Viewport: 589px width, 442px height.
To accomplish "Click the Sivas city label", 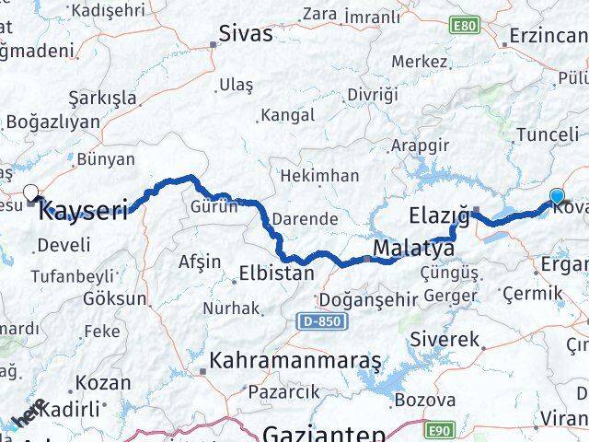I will click(x=246, y=34).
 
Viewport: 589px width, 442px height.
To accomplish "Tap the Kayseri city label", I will click(x=83, y=211).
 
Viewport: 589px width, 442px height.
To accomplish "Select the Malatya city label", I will click(x=413, y=249).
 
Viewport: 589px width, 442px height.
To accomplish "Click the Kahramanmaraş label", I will click(x=294, y=361).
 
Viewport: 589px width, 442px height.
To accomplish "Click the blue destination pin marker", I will click(x=557, y=195).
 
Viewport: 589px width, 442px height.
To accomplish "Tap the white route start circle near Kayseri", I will click(x=31, y=192).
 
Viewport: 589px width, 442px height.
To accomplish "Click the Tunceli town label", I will click(x=548, y=134).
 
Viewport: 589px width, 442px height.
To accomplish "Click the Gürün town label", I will click(x=213, y=206).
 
